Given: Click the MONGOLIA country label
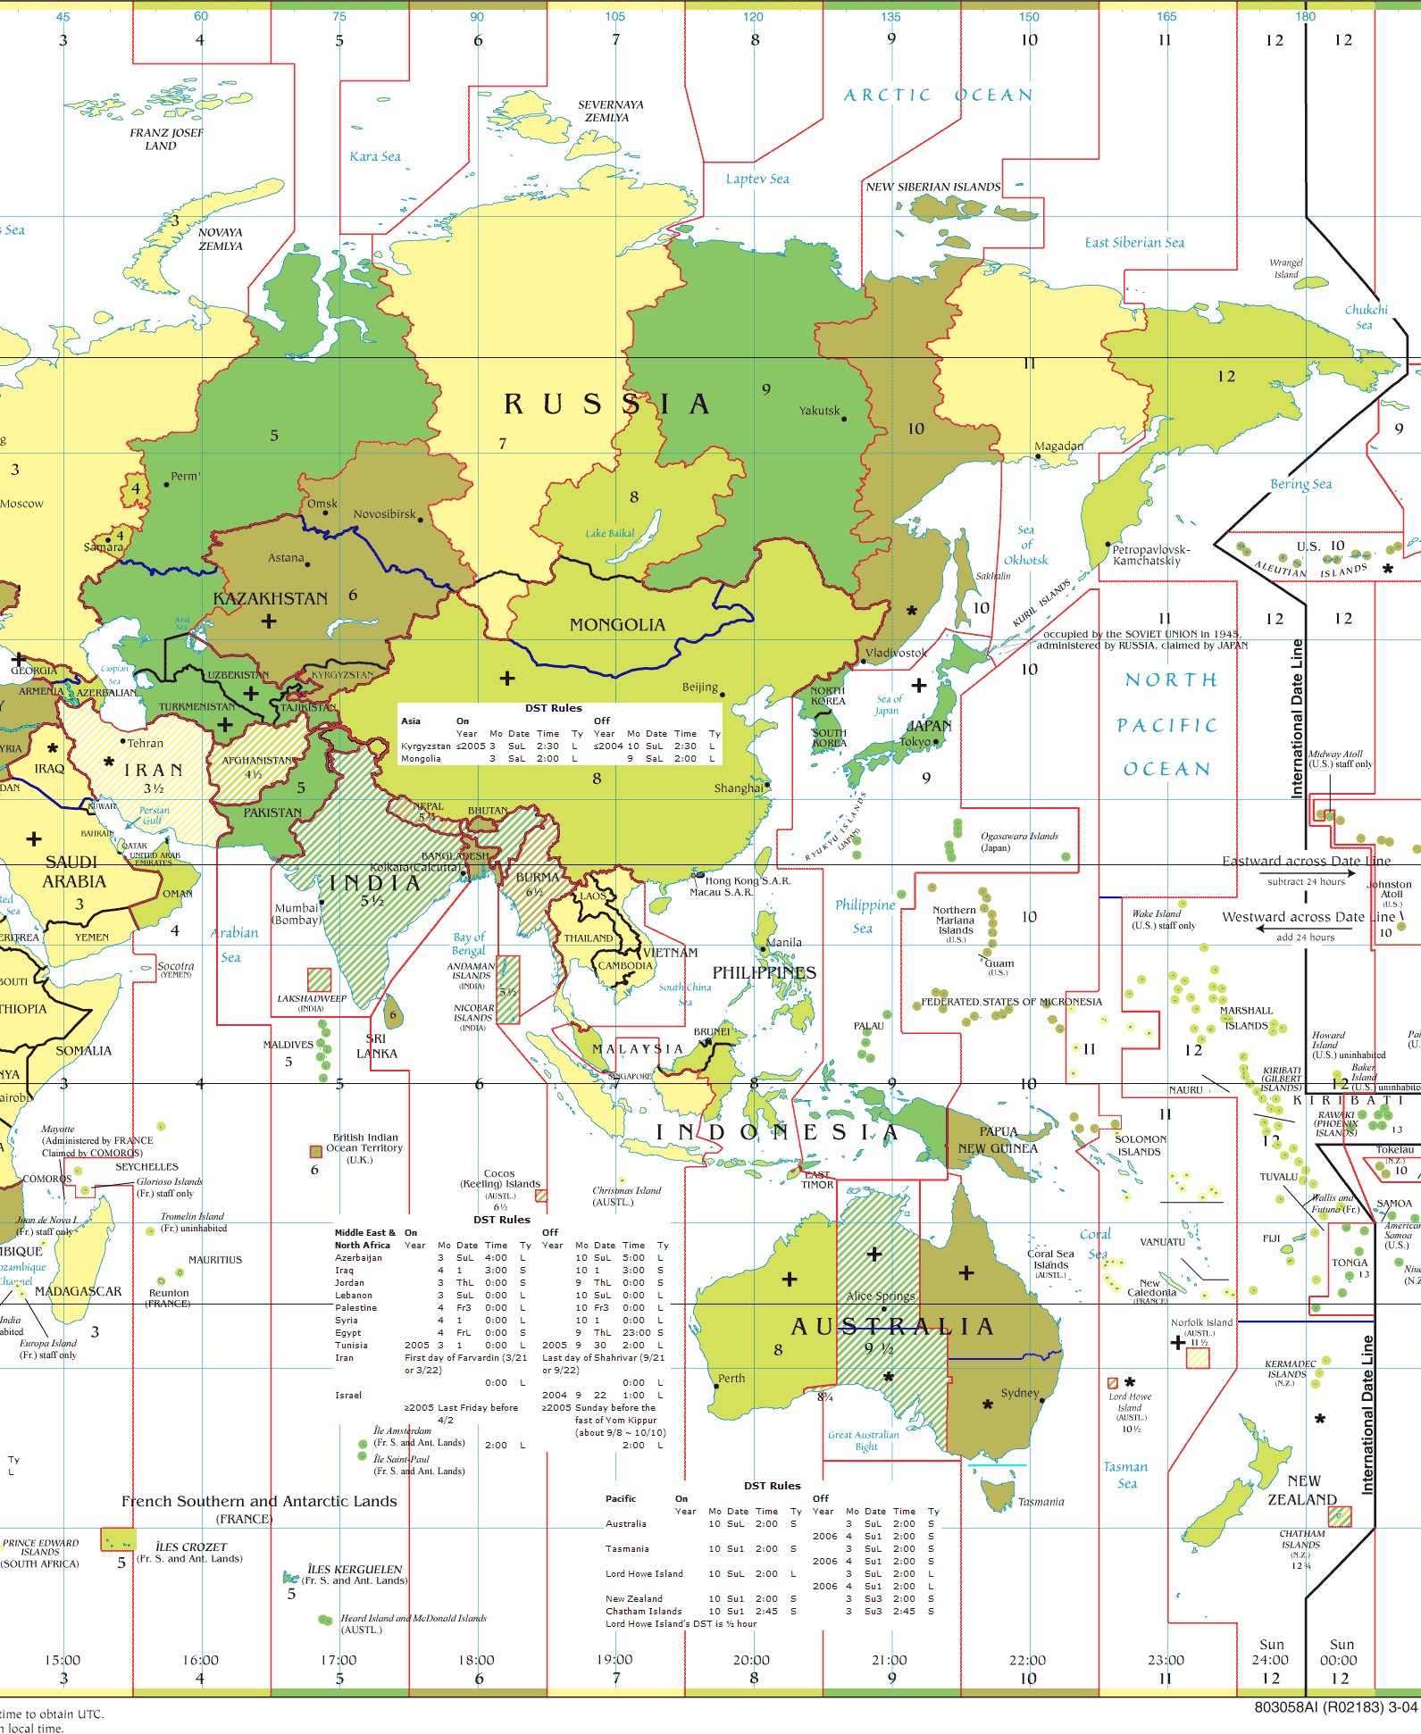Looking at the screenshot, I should click(617, 625).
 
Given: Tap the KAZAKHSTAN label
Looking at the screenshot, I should click(270, 598).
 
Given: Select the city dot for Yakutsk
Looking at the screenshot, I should click(844, 418).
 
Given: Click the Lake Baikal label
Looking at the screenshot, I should click(610, 533).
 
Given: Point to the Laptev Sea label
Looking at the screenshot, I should click(757, 179).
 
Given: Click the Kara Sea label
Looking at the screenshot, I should click(375, 156).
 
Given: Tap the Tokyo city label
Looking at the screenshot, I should click(915, 741).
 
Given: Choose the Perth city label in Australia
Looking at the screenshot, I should click(731, 1378).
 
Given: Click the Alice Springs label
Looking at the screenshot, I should click(881, 1296).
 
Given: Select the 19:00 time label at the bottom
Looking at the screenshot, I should click(614, 1660).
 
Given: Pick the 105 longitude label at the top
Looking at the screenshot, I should click(614, 16).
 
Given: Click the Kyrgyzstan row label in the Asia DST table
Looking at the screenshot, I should click(425, 746).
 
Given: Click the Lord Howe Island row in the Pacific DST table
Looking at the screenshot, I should click(644, 1573).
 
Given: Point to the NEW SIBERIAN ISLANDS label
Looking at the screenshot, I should click(932, 187).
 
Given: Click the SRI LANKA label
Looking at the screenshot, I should click(376, 1046).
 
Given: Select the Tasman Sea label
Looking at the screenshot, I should click(1125, 1474).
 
